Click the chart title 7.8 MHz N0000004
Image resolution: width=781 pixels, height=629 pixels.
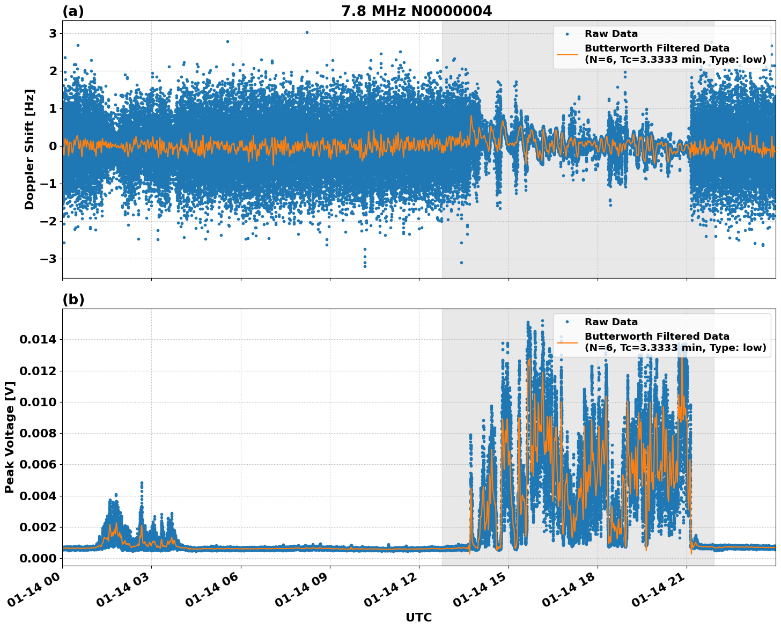tap(416, 11)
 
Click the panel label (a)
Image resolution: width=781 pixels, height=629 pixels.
tap(73, 11)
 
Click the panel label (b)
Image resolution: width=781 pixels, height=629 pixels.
tap(73, 299)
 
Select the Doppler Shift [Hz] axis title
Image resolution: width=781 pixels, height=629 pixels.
tap(30, 149)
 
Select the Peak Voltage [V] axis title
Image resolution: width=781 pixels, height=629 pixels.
tap(10, 437)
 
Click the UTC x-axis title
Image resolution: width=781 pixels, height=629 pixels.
tap(418, 617)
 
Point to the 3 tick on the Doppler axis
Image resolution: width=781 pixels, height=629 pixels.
tap(53, 33)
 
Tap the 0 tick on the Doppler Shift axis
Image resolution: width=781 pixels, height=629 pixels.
tap(53, 146)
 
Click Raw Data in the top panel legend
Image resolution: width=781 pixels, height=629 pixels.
tap(611, 34)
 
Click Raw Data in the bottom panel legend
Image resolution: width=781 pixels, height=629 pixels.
tap(611, 322)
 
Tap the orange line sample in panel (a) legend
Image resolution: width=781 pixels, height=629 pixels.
tap(567, 54)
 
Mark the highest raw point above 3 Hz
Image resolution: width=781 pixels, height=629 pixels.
tap(307, 32)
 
